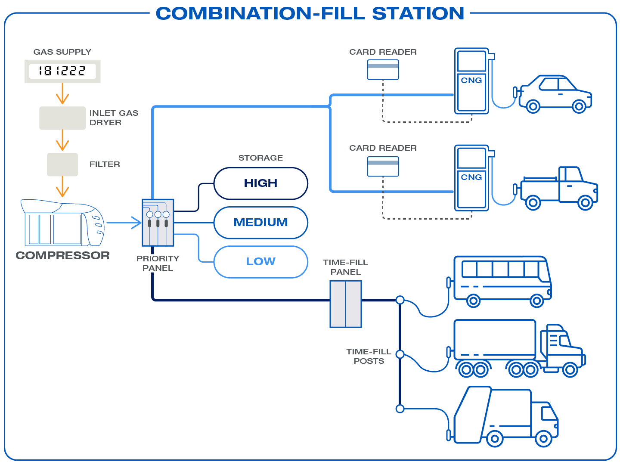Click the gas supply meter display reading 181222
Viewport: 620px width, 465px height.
pyautogui.click(x=62, y=71)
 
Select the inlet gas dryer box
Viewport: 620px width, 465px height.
pyautogui.click(x=62, y=118)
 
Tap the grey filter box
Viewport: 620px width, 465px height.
pyautogui.click(x=62, y=164)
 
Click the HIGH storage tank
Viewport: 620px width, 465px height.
pyautogui.click(x=260, y=183)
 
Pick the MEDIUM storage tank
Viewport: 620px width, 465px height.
pyautogui.click(x=260, y=223)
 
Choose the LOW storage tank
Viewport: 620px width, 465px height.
pyautogui.click(x=260, y=262)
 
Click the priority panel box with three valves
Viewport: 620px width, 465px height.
pyautogui.click(x=158, y=223)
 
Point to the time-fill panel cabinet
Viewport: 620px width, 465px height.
pyautogui.click(x=346, y=304)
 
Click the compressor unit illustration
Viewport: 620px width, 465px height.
pyautogui.click(x=62, y=223)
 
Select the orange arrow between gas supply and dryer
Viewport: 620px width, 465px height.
pyautogui.click(x=62, y=93)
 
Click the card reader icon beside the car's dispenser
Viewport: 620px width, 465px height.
pyautogui.click(x=383, y=70)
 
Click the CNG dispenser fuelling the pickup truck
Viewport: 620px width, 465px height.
pyautogui.click(x=472, y=178)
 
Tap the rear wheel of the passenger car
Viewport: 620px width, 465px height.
pyautogui.click(x=533, y=106)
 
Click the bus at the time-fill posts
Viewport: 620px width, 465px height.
pyautogui.click(x=502, y=281)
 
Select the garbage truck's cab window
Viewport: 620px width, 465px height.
pyautogui.click(x=549, y=413)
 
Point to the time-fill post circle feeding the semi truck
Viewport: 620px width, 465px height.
pyautogui.click(x=400, y=354)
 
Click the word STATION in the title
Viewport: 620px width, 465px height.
pyautogui.click(x=418, y=13)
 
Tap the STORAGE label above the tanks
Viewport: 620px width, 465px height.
pyautogui.click(x=260, y=158)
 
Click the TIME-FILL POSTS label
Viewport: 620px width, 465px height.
pyautogui.click(x=369, y=356)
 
